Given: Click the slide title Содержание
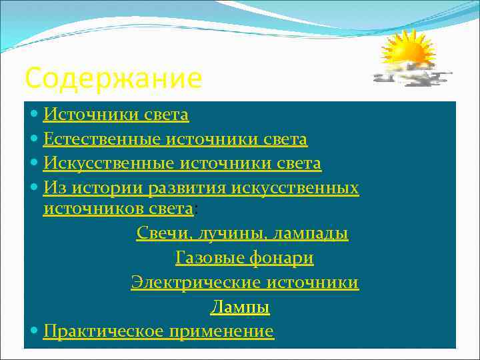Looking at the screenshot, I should [113, 79].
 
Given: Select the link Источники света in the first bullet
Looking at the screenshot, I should [116, 115].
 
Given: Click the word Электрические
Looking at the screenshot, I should [195, 283].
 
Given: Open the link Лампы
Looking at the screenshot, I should [240, 307].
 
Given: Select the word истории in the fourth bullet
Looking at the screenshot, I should [99, 189].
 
